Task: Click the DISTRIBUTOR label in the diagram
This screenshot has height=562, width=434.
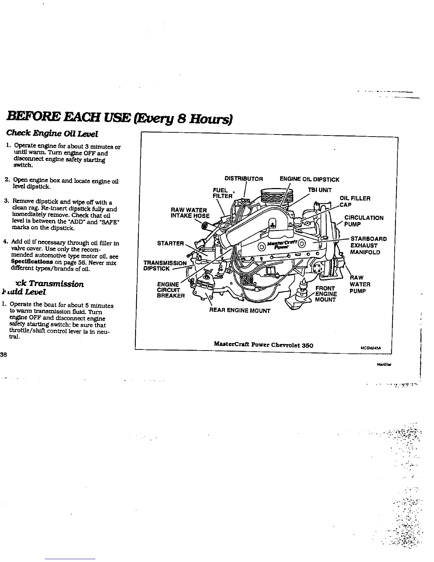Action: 244,179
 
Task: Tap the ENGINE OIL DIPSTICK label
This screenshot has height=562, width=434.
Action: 309,179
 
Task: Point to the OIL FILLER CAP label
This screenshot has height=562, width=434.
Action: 355,202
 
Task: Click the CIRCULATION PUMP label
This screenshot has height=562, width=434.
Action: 363,221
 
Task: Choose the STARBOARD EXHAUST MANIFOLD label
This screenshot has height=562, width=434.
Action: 368,246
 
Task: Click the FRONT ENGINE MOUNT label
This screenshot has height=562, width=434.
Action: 326,294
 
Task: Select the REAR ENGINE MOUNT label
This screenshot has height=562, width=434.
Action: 240,311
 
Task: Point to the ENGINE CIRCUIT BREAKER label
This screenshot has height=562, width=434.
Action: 171,290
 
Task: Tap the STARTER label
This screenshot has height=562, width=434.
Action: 171,243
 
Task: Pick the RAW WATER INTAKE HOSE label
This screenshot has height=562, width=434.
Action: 190,213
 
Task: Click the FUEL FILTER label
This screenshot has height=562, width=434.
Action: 222,193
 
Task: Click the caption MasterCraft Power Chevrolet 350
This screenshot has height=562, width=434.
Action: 263,345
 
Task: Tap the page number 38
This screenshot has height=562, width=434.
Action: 4,354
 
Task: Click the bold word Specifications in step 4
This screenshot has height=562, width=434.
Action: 27,263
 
